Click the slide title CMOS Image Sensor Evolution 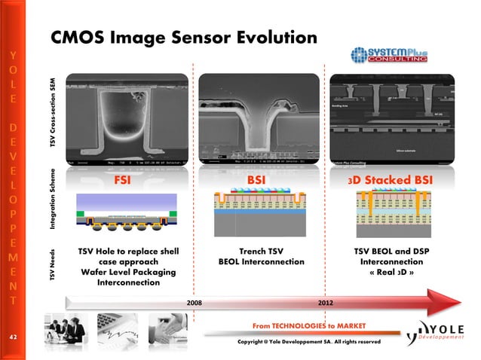(x=183, y=37)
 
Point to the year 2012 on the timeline (x=327, y=302)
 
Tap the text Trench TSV (x=261, y=251)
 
